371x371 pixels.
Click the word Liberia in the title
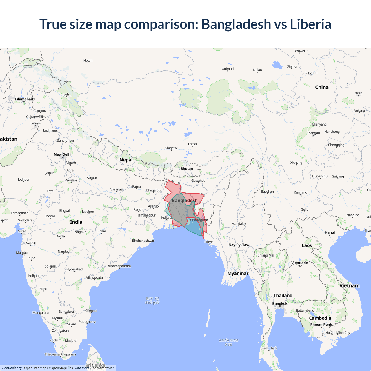[x=310, y=24]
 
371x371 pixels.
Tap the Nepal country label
[x=126, y=160]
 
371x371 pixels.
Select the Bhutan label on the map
[x=187, y=169]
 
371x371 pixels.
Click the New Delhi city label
[x=63, y=154]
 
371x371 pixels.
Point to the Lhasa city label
[x=192, y=144]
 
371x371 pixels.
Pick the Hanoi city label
[x=330, y=232]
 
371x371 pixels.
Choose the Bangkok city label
[x=280, y=304]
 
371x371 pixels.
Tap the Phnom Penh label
[x=321, y=325]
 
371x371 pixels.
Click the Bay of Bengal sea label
[x=152, y=301]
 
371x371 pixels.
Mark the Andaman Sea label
[x=229, y=342]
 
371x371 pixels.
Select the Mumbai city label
[x=22, y=253]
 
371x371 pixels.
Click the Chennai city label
[x=91, y=311]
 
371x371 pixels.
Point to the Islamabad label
[x=24, y=99]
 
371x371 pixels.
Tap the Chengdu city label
[x=313, y=133]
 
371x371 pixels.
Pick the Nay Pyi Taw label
[x=239, y=245]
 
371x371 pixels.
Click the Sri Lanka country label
[x=95, y=365]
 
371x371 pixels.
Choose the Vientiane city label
[x=299, y=263]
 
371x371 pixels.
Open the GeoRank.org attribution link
[x=12, y=368]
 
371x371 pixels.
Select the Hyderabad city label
[x=74, y=269]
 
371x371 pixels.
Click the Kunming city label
[x=301, y=192]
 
